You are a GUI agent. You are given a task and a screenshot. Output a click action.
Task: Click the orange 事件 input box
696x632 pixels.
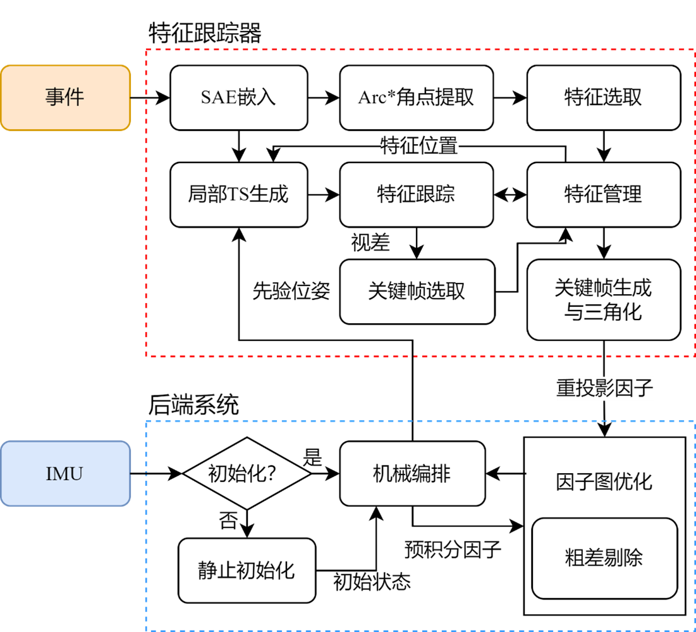65,97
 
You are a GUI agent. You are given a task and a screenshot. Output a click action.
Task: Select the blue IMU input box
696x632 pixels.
65,474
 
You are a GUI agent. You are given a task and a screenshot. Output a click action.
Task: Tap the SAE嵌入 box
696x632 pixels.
238,97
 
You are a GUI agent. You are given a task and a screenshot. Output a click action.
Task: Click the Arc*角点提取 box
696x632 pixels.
416,97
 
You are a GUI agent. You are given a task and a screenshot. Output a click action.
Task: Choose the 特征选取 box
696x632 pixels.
603,97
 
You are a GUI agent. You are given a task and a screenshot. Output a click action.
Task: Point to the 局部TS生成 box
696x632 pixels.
238,194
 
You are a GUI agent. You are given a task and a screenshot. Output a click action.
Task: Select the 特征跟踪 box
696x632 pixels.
416,194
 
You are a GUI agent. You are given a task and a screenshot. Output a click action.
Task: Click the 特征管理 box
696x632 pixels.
603,194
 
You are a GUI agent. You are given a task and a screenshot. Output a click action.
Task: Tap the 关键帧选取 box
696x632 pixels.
416,291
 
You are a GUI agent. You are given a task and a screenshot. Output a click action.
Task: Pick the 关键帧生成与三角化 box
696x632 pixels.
603,299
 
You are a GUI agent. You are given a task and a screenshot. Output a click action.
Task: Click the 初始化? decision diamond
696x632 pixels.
247,474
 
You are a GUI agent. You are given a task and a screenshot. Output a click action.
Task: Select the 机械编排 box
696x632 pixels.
412,474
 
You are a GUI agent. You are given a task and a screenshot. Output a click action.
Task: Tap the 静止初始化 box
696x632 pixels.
247,570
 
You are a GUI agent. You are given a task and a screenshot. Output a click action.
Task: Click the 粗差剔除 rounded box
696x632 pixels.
604,558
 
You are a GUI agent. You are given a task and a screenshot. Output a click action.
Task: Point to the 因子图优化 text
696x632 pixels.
604,482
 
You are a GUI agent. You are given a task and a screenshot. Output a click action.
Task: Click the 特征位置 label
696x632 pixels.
419,146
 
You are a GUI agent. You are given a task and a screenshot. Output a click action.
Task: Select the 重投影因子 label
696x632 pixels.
604,388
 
